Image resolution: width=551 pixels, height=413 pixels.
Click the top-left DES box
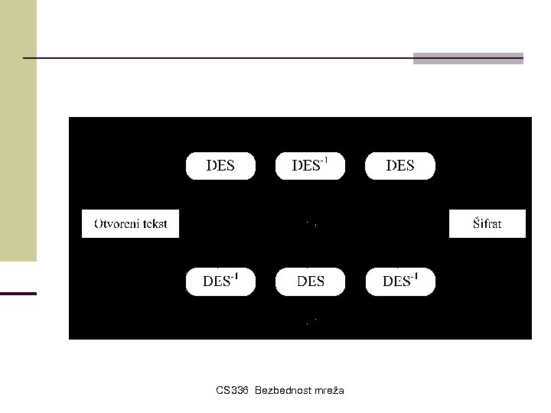point(220,166)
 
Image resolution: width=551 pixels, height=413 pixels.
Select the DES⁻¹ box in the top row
point(310,166)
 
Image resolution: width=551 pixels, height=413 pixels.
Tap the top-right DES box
point(400,166)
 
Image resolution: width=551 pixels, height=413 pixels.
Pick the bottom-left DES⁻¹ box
point(220,281)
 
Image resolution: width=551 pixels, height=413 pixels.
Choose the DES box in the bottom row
point(310,281)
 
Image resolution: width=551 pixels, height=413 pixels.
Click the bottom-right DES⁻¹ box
point(400,281)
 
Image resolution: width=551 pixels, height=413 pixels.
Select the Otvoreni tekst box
point(130,224)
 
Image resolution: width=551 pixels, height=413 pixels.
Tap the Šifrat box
point(487,224)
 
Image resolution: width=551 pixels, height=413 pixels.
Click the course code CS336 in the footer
point(232,391)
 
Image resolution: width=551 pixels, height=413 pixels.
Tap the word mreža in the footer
point(328,391)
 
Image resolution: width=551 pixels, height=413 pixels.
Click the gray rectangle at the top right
point(468,58)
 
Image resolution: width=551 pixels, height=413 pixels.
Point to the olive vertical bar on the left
point(18,130)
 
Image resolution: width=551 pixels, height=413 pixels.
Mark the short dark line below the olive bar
point(18,293)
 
